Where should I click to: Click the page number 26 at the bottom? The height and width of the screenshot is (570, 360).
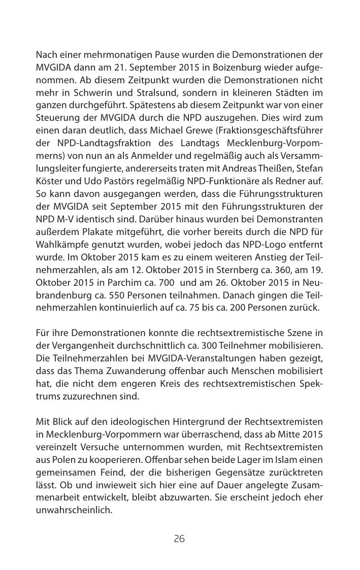point(179,539)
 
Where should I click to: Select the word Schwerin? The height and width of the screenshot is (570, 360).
point(100,94)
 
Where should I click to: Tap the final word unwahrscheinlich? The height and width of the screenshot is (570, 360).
point(74,509)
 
